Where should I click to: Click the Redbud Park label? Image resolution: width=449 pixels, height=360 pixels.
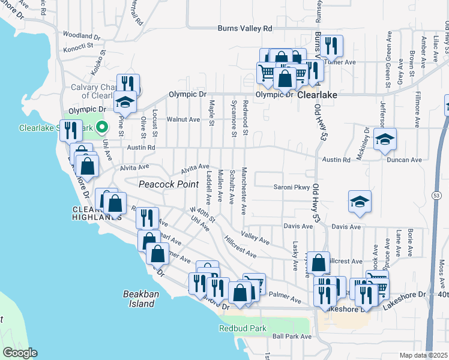click(243, 328)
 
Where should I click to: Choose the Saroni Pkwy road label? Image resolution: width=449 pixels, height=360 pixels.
click(289, 187)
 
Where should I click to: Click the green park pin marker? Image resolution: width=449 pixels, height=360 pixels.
click(102, 127)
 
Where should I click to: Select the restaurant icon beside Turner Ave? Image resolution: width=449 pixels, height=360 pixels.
click(331, 46)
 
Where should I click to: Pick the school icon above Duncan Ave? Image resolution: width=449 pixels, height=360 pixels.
click(384, 140)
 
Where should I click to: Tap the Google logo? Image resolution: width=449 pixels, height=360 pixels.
click(20, 353)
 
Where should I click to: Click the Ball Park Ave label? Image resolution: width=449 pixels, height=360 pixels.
click(292, 337)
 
